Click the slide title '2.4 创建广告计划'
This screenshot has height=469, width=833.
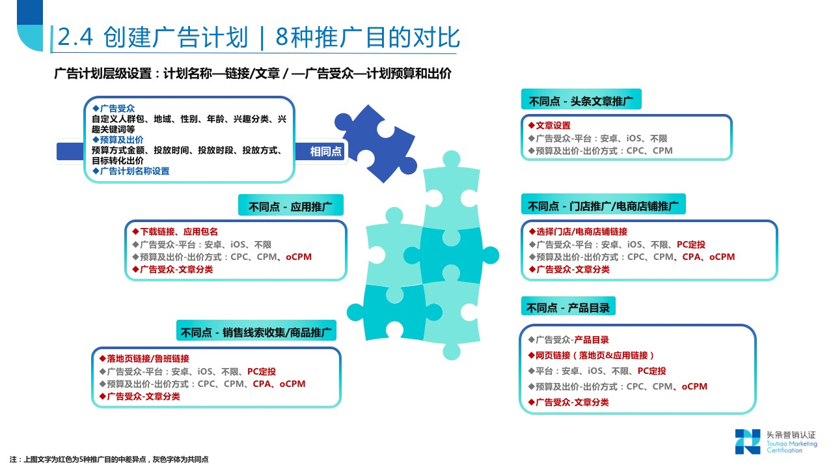pos(153,37)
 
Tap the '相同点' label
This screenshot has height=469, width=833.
pos(326,152)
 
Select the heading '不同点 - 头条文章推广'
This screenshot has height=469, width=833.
pos(581,101)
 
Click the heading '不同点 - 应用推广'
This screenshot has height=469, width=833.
pos(290,206)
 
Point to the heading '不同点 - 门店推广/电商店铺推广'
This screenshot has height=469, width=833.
pos(603,206)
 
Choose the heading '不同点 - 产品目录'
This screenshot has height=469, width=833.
pos(568,307)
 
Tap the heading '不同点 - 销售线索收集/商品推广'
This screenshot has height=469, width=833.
pos(256,332)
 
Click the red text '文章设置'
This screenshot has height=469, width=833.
pos(553,126)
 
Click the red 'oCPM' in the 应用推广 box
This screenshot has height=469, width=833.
pos(299,257)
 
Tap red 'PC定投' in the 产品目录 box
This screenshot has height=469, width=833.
pos(651,371)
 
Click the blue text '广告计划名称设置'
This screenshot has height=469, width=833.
pos(135,171)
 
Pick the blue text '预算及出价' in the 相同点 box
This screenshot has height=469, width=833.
pos(122,139)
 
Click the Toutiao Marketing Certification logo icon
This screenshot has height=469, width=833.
pos(748,442)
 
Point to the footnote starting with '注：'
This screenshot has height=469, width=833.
pos(109,459)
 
